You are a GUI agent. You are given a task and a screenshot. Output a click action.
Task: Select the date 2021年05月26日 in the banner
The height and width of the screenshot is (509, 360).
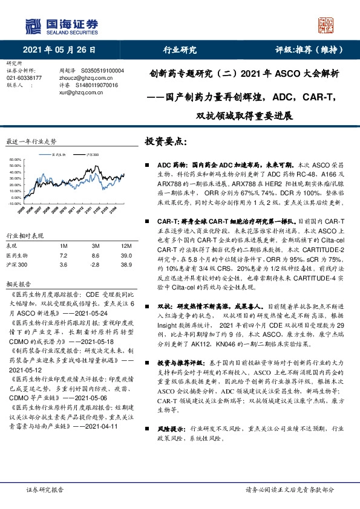point(59,50)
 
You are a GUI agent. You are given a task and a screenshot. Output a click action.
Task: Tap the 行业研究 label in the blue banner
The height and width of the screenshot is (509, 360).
point(180,50)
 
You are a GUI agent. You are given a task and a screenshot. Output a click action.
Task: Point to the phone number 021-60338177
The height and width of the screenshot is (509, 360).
point(24,78)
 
